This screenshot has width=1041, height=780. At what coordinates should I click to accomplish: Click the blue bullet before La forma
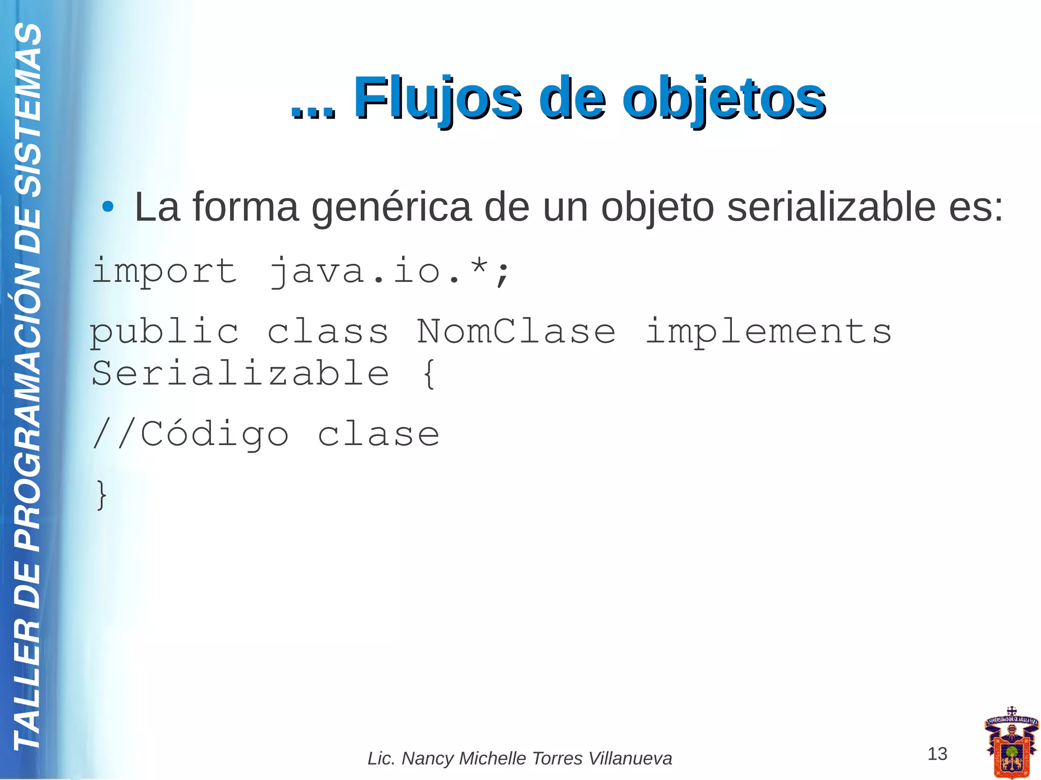click(x=107, y=207)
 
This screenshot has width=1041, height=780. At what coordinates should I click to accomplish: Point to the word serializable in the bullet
click(x=831, y=207)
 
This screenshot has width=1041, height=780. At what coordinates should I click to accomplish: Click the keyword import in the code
click(x=164, y=271)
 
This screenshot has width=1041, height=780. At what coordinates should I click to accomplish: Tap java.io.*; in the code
click(x=389, y=271)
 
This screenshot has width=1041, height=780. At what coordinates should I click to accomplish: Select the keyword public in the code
click(x=164, y=332)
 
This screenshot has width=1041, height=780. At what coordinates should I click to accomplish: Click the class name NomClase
click(x=516, y=332)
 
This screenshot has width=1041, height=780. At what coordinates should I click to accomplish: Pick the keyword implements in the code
click(x=768, y=332)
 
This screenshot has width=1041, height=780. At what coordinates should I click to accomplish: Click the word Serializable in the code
click(x=240, y=373)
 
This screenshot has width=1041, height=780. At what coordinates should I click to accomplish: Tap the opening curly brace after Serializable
click(x=428, y=373)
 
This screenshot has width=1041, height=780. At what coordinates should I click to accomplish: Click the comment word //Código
click(x=190, y=435)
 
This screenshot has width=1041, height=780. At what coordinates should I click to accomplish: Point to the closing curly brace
click(x=102, y=494)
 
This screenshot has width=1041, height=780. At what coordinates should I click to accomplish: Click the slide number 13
click(x=937, y=754)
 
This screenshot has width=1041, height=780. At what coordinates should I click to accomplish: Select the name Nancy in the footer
click(x=428, y=758)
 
